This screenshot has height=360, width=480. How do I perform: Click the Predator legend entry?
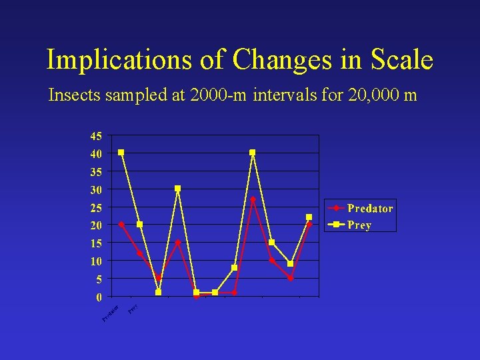point(369,208)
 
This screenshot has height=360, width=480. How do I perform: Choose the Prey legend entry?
point(359,225)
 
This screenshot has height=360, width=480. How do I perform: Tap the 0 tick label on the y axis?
point(99,296)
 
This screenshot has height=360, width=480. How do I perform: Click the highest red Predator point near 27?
point(253,199)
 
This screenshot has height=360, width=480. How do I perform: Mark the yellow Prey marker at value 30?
point(177,189)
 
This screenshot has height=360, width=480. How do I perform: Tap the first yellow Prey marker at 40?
point(121,153)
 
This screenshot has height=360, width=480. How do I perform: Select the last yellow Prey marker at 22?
point(309,217)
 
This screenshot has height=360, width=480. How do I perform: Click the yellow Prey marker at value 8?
point(234,268)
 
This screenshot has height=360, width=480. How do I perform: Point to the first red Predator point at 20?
point(121,224)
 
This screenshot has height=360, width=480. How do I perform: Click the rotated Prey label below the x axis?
point(133,309)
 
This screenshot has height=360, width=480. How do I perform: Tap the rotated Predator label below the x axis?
point(111,312)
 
